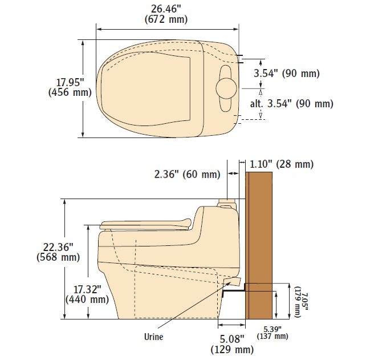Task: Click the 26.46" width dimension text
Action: [166, 9]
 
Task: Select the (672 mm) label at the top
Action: [166, 19]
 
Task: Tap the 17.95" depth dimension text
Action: [70, 83]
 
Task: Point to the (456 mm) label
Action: [70, 92]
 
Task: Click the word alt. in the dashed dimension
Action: [257, 103]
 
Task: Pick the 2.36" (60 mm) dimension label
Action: [187, 174]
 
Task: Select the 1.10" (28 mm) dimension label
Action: [282, 164]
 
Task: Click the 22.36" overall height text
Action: [58, 247]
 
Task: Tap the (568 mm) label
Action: [58, 257]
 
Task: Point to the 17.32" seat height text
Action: [87, 290]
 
